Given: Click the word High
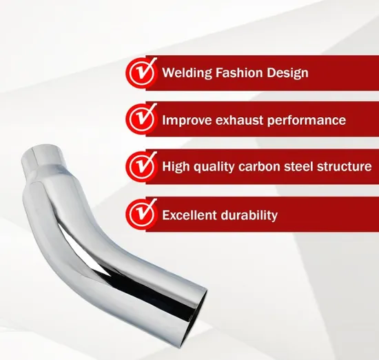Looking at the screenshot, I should pos(175,167).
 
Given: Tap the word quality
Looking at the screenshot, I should pos(213,168).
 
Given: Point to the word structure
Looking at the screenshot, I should pos(346,167).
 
